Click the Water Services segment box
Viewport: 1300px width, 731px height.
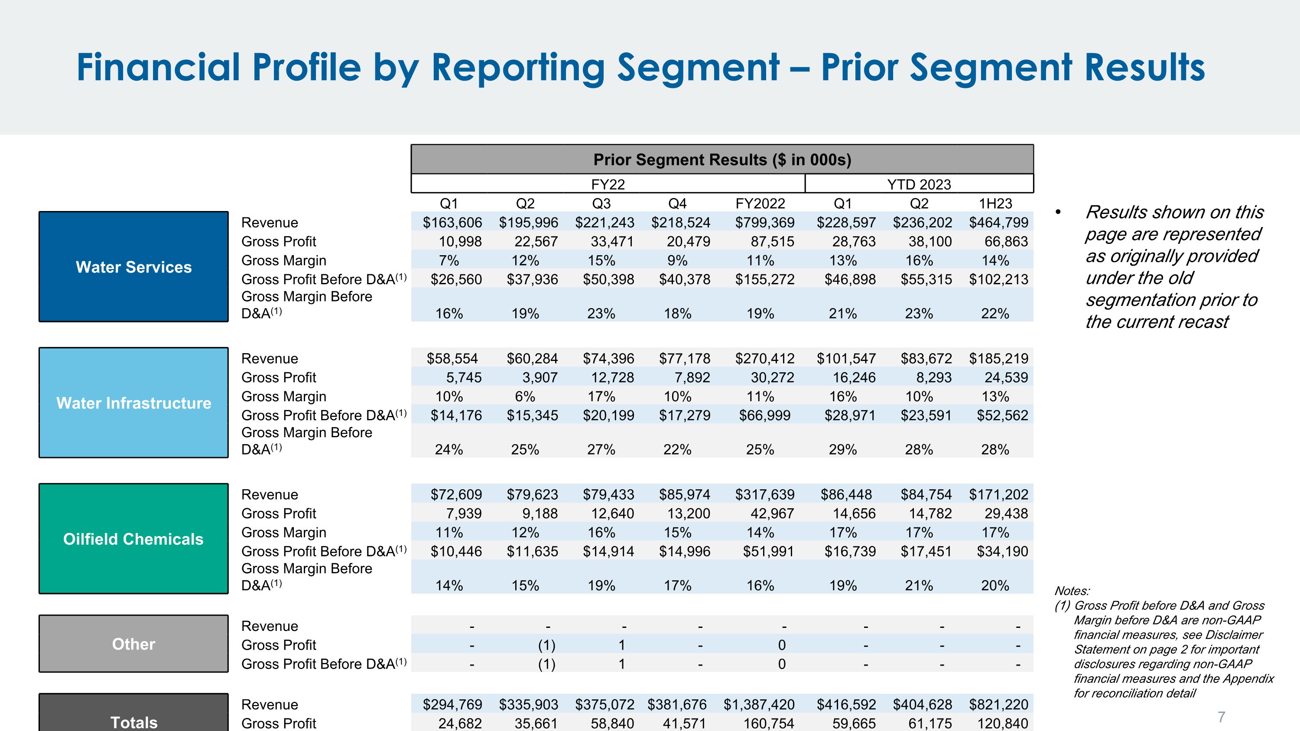134,267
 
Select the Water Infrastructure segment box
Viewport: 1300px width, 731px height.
134,403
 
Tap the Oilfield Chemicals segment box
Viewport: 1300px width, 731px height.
134,539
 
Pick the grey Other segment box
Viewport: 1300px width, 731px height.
134,644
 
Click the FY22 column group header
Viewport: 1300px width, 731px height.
608,184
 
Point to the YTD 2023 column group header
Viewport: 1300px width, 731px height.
919,184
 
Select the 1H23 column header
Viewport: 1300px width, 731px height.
995,203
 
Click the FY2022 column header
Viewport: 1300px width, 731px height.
760,203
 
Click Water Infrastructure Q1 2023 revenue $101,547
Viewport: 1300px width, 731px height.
846,359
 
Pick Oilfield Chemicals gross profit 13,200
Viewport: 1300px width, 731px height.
689,513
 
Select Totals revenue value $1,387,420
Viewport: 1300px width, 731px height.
759,704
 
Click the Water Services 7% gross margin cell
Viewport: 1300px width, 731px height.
448,260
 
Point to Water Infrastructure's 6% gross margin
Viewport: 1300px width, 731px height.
525,396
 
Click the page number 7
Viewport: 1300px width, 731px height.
1221,716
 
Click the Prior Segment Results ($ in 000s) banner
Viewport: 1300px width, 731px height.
722,159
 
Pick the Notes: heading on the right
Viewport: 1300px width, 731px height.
1072,591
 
